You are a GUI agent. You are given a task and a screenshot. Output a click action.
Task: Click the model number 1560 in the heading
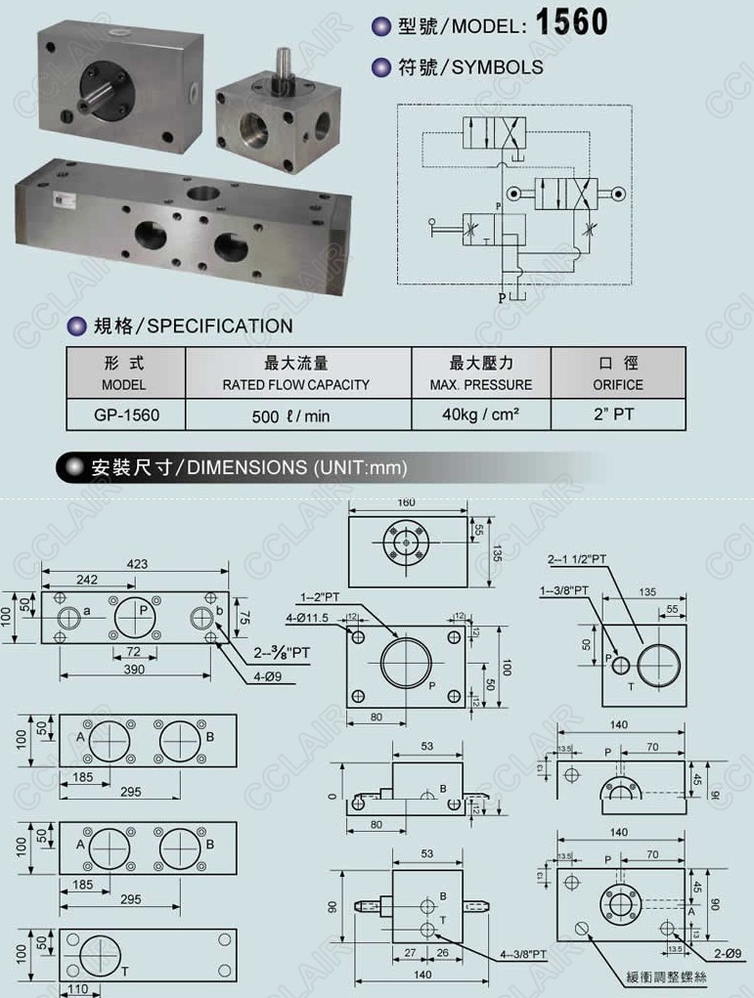[572, 22]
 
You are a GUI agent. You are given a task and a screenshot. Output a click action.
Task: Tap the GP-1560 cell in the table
[127, 414]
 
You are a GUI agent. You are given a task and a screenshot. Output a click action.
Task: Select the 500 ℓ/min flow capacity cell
[290, 415]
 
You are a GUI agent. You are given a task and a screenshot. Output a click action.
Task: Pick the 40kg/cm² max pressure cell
[480, 414]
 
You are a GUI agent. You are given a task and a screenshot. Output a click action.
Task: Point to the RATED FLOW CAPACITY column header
[295, 384]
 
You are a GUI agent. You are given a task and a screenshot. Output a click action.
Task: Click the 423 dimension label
[136, 563]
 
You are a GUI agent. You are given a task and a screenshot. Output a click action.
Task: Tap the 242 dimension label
[87, 580]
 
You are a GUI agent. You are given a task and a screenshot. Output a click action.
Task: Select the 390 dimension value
[134, 670]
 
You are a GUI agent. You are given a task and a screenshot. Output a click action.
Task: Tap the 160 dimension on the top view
[406, 502]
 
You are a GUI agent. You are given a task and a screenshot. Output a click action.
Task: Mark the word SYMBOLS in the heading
[499, 67]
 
